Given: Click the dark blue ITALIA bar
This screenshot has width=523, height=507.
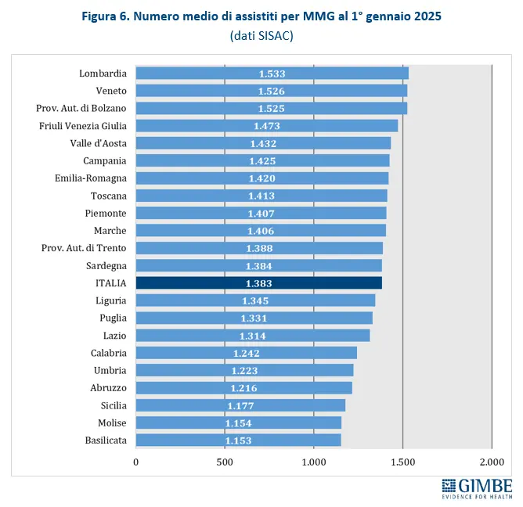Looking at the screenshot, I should [258, 282].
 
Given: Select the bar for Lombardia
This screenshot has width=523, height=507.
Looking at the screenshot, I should [272, 74].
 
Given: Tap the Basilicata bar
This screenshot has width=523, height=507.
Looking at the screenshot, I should [238, 440].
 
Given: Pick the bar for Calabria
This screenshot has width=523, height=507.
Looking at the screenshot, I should [246, 353].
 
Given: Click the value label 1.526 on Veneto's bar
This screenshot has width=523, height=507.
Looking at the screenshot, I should [272, 91].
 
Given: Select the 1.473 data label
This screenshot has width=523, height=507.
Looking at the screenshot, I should [267, 126].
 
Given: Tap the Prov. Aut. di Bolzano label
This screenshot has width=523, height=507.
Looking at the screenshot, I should [81, 108].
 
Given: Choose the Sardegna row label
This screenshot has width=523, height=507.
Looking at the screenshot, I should [106, 265].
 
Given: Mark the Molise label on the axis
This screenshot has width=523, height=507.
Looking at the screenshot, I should [110, 422].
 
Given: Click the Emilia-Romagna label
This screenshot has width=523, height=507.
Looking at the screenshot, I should [91, 178].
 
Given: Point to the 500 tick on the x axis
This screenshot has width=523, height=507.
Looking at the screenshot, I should [225, 462].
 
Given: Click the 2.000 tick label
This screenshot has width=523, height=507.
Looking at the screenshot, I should [492, 462].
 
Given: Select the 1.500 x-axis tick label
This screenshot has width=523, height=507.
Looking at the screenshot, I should [402, 462].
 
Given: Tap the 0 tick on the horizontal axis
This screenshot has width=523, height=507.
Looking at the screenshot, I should [136, 462].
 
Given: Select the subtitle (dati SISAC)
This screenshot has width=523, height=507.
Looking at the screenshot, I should [261, 36].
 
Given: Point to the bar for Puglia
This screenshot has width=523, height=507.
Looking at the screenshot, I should [254, 318].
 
